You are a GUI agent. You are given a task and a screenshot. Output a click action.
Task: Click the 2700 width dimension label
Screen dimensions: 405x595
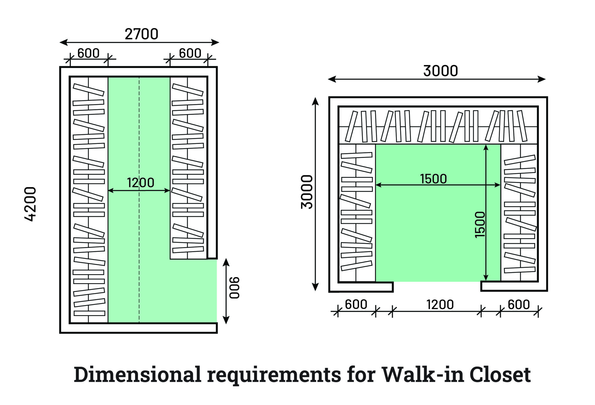pos(141,34)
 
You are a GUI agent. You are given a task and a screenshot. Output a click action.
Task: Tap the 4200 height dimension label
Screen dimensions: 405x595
pos(30,204)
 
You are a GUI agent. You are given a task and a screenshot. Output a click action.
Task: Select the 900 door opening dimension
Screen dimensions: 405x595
pos(234,288)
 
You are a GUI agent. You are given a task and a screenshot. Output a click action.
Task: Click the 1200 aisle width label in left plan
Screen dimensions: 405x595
pos(141,183)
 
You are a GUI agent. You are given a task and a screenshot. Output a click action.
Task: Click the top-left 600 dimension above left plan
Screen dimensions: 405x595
pos(89,53)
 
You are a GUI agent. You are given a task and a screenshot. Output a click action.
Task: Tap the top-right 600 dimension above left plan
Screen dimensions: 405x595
pos(190,53)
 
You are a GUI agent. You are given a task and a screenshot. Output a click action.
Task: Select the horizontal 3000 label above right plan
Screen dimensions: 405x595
pos(440,71)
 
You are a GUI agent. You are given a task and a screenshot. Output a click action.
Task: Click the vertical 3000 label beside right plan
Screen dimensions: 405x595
pos(307,192)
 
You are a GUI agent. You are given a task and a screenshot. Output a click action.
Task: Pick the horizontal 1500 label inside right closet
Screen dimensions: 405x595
pos(433,179)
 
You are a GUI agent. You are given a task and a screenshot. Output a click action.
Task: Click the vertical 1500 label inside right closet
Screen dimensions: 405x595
pos(480,225)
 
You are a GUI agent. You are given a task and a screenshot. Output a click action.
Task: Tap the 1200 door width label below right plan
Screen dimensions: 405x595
pos(440,305)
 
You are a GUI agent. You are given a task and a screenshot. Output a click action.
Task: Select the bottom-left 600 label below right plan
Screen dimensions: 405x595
pos(356,305)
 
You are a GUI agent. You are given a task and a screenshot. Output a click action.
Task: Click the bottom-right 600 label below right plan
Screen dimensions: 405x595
pos(519,305)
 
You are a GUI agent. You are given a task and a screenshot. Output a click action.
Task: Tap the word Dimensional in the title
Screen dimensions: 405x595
pos(137,374)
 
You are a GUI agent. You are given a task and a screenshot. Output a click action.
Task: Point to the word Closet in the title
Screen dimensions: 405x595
pos(500,374)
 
